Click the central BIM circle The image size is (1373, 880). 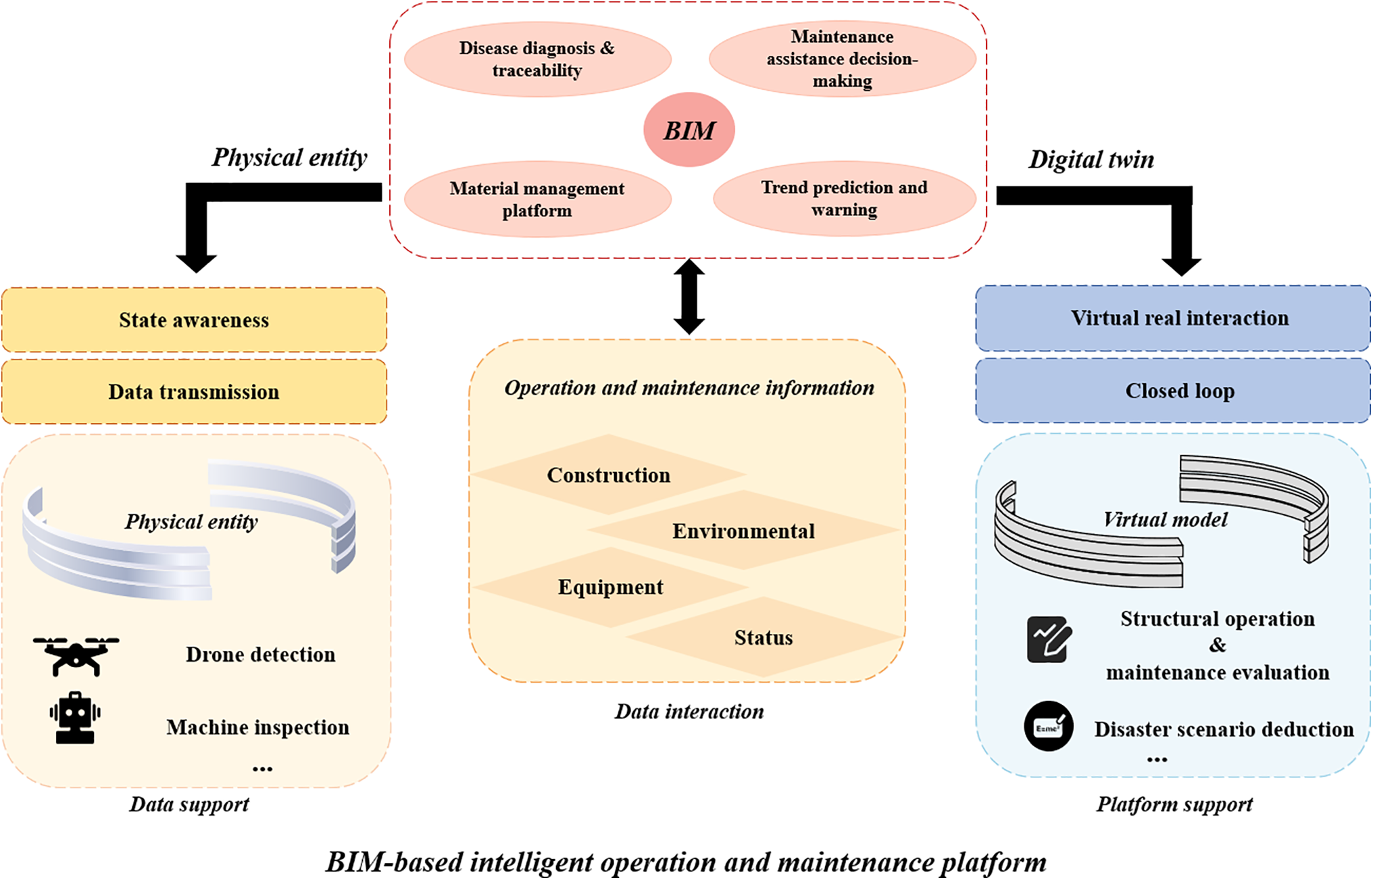click(689, 130)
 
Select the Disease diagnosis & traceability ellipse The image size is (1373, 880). click(537, 59)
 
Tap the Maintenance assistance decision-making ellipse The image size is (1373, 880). click(842, 59)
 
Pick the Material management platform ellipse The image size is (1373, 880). click(537, 199)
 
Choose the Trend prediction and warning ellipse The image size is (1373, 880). click(844, 198)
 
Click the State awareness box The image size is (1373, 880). click(194, 320)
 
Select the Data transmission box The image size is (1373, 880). click(194, 392)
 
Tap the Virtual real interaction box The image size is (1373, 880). click(1173, 318)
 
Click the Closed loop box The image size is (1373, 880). click(1173, 391)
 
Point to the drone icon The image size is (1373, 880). click(76, 656)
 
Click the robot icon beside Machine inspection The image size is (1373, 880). click(75, 718)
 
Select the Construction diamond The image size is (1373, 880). click(608, 474)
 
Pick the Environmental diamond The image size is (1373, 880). click(743, 531)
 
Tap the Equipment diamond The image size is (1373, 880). click(610, 587)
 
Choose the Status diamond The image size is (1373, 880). click(764, 637)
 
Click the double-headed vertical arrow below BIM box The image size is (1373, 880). click(689, 297)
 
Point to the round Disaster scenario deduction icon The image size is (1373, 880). click(1049, 727)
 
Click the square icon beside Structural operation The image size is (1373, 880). click(1049, 639)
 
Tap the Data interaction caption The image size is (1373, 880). click(689, 711)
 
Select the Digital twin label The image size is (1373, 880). click(1091, 160)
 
